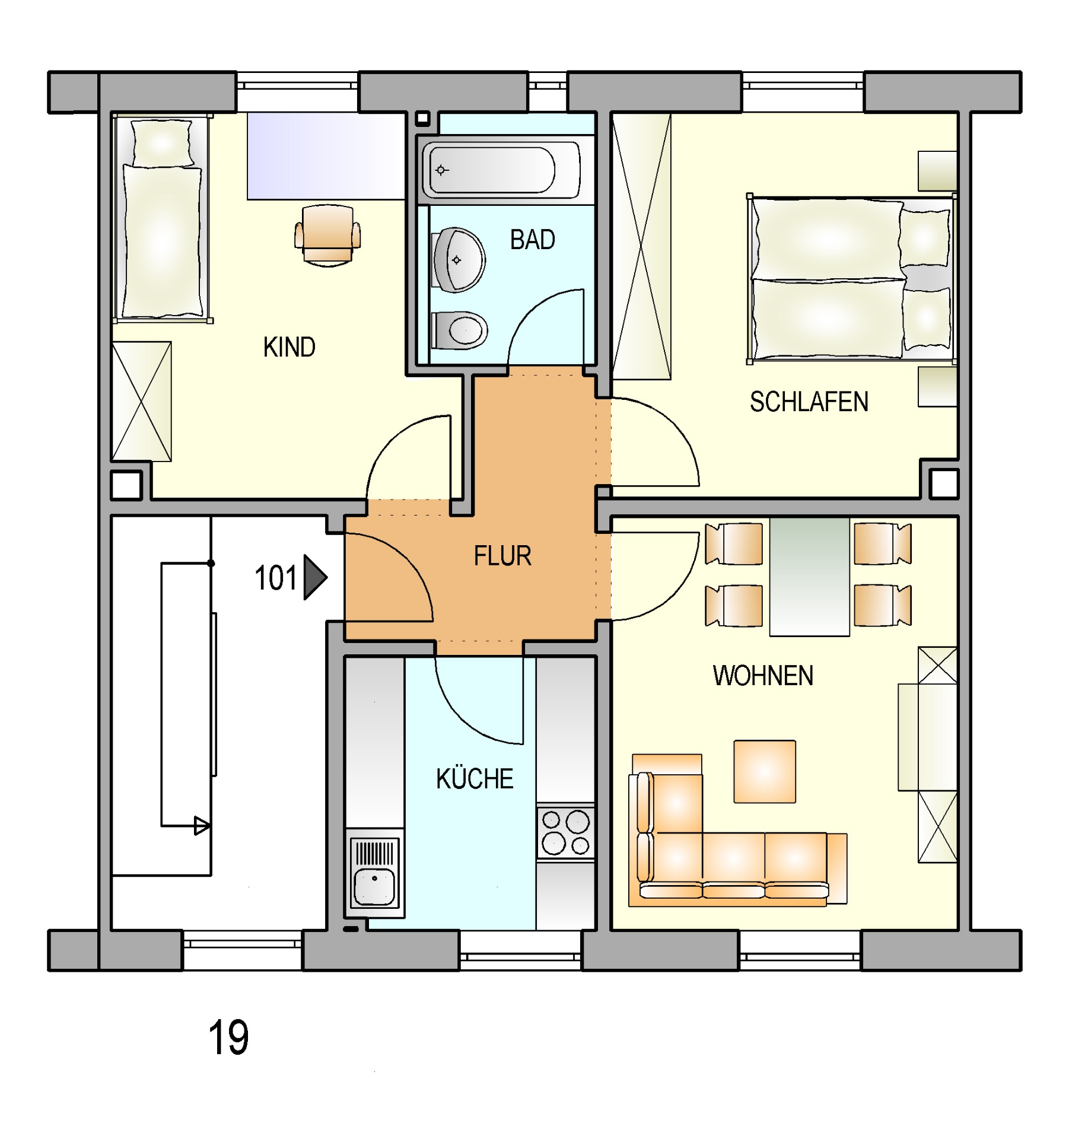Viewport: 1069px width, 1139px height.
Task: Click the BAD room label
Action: point(532,240)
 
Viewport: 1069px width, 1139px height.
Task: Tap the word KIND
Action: point(289,347)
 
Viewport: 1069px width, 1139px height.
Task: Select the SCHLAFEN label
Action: point(809,402)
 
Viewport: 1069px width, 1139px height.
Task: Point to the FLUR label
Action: point(502,556)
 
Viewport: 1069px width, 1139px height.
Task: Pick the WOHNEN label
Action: point(763,676)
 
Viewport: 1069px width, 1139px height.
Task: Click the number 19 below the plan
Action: point(228,1037)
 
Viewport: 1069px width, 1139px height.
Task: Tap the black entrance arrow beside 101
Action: point(315,577)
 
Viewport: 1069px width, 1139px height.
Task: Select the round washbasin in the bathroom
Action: point(459,260)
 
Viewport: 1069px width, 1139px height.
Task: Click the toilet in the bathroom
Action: point(460,330)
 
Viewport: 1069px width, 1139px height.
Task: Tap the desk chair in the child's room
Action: point(327,235)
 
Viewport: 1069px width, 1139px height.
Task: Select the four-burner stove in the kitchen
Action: point(565,833)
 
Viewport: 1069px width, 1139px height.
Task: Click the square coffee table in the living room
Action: point(765,771)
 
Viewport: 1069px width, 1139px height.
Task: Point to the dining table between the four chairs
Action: point(809,577)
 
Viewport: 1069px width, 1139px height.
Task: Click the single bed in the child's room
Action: point(162,218)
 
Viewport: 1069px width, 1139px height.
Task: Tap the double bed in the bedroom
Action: point(852,278)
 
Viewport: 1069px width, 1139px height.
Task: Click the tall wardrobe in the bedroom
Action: point(641,246)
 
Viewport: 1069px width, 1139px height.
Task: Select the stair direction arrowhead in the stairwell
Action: point(202,826)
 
